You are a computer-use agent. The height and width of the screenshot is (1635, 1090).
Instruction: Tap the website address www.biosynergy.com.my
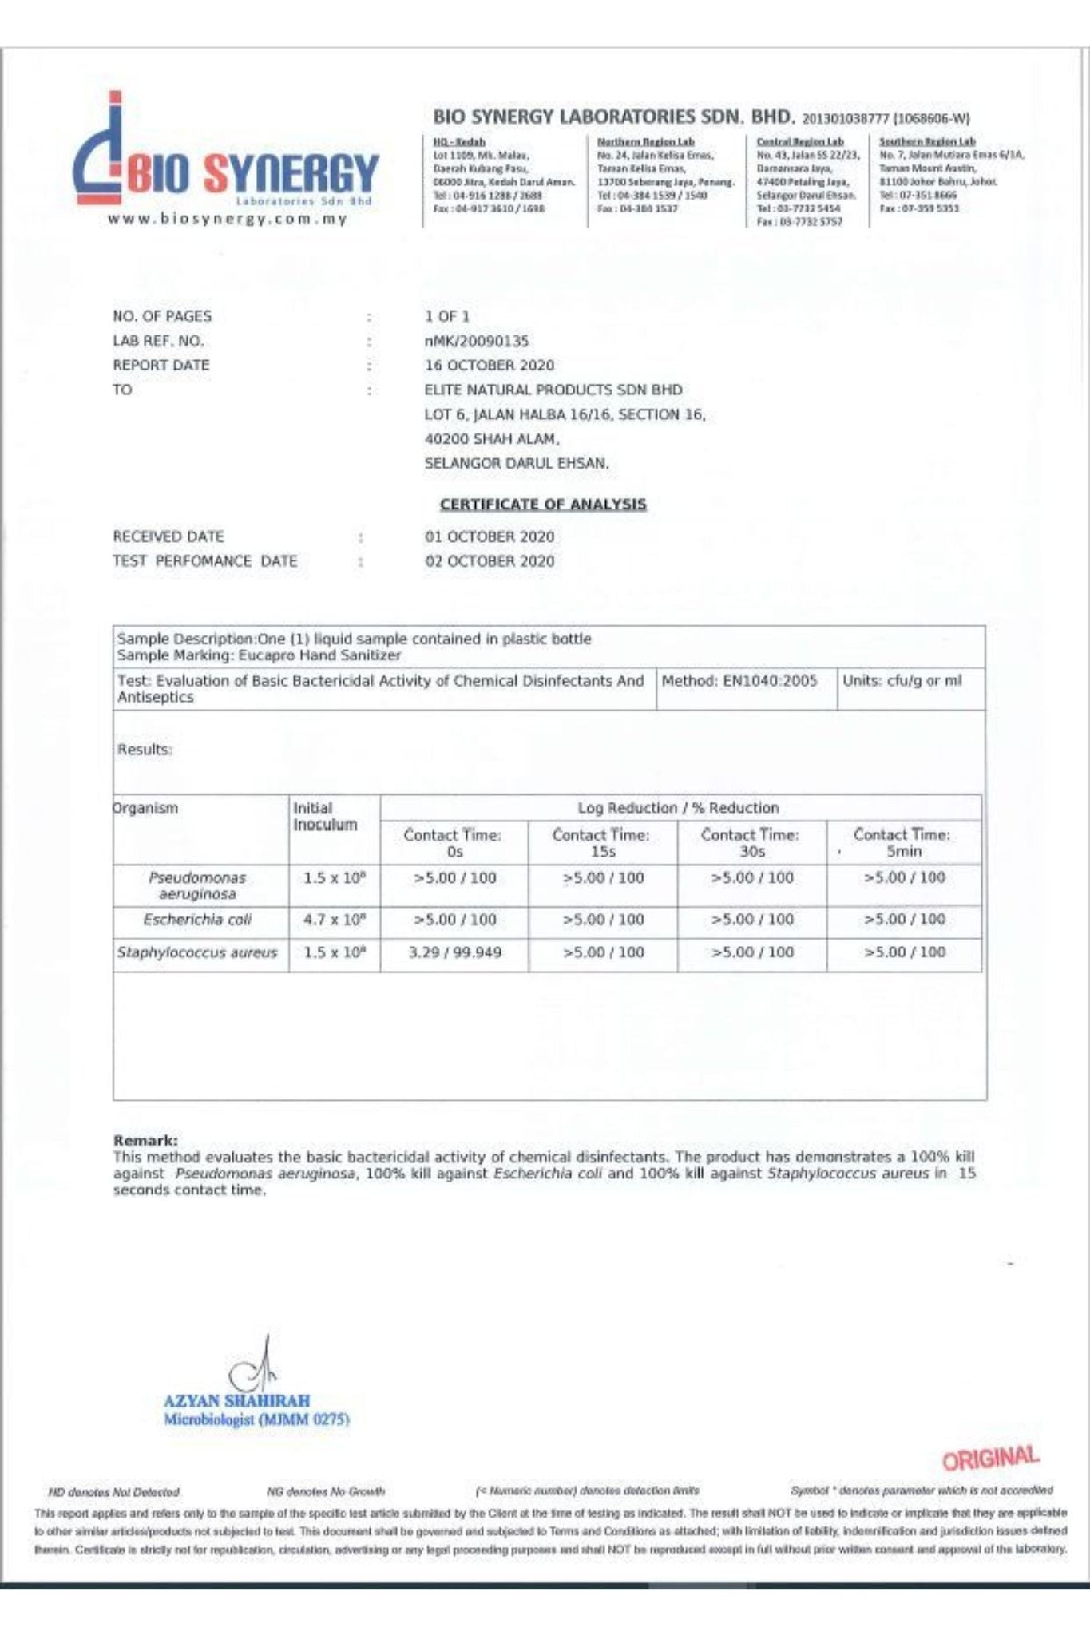pos(228,219)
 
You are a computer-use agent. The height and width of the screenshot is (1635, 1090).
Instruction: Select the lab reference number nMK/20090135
pos(477,341)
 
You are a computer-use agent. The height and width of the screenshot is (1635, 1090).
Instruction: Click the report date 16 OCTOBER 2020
pos(490,366)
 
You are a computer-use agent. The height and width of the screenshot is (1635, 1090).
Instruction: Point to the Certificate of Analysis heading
pos(543,504)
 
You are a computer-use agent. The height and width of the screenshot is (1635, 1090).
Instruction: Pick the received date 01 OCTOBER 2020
pos(490,536)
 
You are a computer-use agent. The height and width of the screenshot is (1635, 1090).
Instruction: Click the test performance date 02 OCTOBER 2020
pos(490,561)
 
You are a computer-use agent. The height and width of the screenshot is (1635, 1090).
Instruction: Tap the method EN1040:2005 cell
pos(739,681)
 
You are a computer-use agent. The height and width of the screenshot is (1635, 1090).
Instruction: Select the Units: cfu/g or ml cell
pos(902,681)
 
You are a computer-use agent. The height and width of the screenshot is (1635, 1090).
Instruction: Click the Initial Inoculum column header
pos(325,816)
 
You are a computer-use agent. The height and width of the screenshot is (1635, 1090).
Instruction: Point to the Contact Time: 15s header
pos(601,843)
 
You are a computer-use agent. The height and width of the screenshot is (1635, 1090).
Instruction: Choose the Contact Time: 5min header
pos(902,843)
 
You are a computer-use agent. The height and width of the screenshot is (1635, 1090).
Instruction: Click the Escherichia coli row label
pos(197,920)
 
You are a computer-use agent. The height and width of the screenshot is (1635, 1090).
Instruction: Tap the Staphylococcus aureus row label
pos(197,952)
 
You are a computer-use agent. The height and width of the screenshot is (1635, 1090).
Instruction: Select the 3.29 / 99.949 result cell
pos(454,952)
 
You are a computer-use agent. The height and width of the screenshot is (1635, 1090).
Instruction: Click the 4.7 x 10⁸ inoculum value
pos(335,920)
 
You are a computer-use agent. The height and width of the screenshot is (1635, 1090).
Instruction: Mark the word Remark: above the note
pos(145,1141)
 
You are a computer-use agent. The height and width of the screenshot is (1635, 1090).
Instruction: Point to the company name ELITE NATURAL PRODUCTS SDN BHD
pos(553,390)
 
